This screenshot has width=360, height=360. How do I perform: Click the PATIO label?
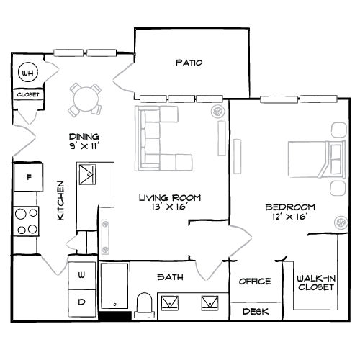(189, 63)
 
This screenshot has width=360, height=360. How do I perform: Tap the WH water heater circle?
(27, 73)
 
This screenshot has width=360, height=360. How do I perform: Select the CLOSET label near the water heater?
(28, 94)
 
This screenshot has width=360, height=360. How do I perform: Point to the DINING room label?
(84, 137)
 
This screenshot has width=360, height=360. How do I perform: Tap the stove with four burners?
(27, 220)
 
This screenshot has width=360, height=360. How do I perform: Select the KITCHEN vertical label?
(62, 201)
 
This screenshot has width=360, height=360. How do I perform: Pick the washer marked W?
(81, 274)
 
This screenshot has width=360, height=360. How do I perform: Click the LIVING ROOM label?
(169, 197)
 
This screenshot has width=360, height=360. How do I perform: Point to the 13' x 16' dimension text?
(169, 208)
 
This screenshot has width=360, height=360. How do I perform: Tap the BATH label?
(170, 276)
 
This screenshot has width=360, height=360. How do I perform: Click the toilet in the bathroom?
(144, 305)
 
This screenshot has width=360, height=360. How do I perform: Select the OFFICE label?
(255, 281)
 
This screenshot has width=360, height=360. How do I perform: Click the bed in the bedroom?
(314, 158)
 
